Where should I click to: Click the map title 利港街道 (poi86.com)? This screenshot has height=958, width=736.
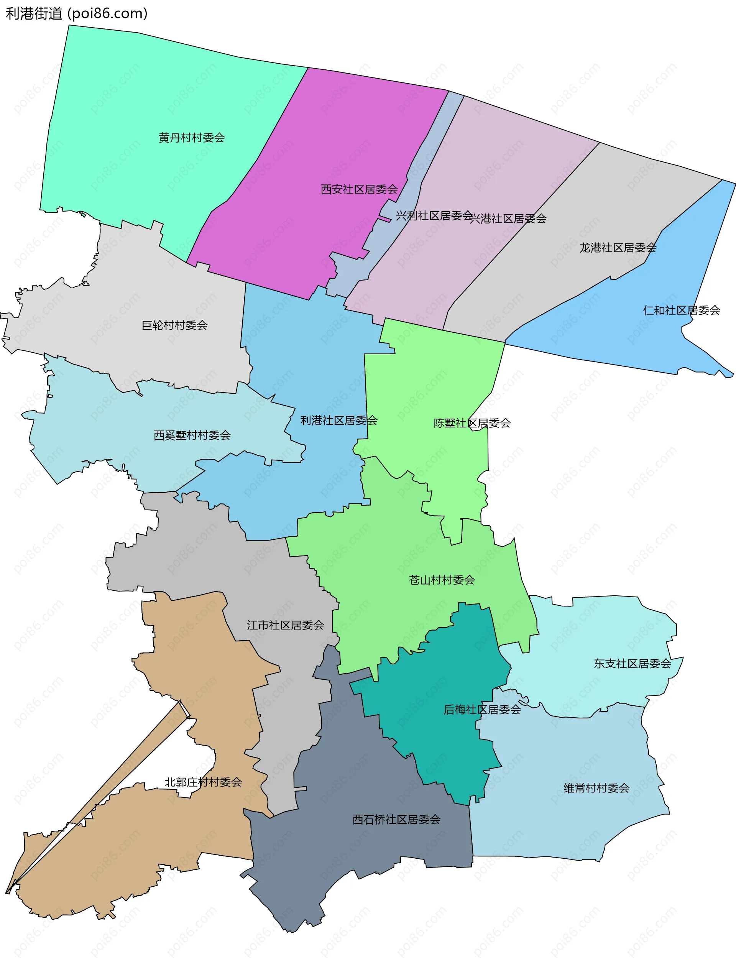(x=77, y=13)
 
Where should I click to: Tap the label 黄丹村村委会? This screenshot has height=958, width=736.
(x=191, y=138)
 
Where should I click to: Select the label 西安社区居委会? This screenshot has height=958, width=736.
(x=359, y=189)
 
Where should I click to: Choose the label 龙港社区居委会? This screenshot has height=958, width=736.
(x=618, y=248)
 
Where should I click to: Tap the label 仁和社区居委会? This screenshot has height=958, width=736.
(x=681, y=311)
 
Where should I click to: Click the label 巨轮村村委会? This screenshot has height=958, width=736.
(x=174, y=325)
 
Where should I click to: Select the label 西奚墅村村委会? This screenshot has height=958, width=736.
(x=192, y=435)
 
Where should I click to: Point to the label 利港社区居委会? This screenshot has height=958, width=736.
(x=338, y=421)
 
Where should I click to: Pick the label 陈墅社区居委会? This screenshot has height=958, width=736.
(x=472, y=423)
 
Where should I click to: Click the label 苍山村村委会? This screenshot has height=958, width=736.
(x=442, y=580)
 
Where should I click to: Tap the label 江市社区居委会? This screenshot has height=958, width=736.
(x=285, y=625)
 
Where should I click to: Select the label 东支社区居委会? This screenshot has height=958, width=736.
(x=632, y=664)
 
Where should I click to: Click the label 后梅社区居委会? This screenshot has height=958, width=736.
(x=482, y=710)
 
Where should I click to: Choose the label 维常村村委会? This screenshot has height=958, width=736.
(x=596, y=789)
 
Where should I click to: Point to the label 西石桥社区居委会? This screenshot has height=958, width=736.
(x=396, y=820)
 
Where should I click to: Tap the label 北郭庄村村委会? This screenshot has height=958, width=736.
(x=203, y=782)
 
